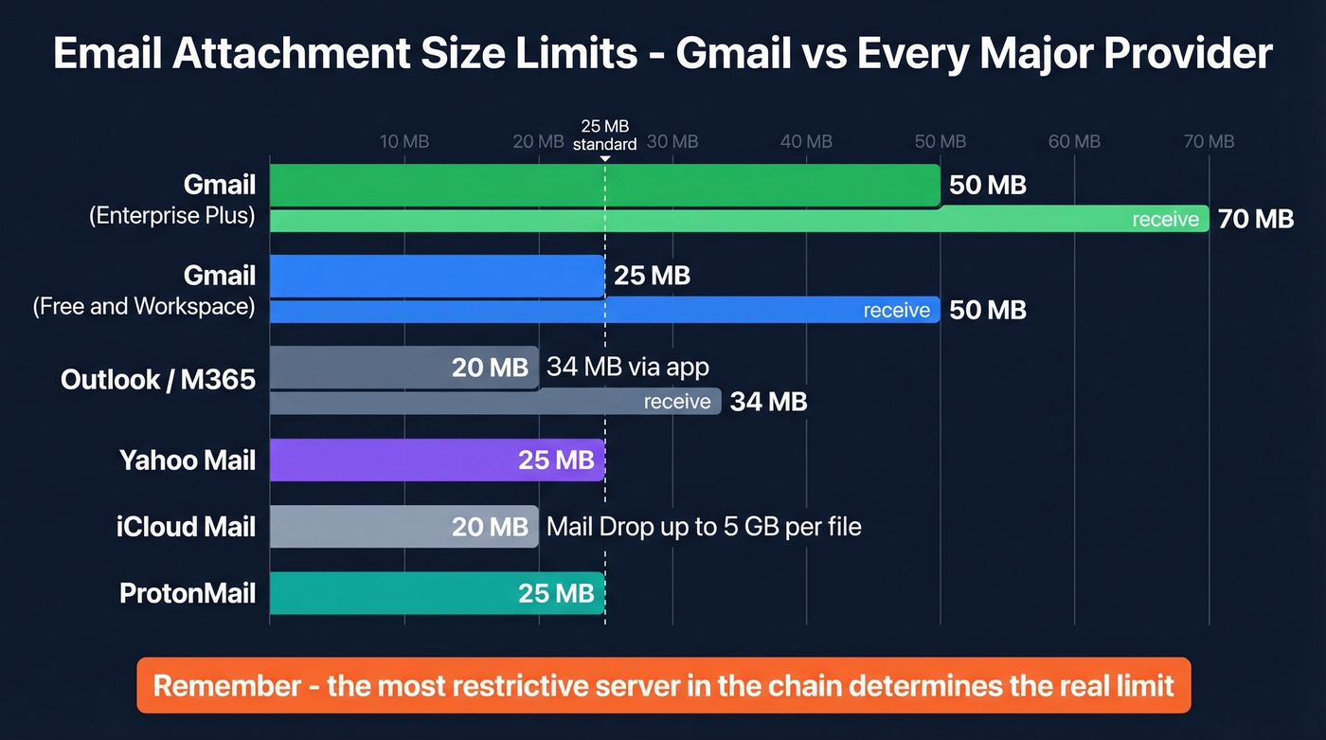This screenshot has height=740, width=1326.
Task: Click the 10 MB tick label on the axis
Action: click(404, 142)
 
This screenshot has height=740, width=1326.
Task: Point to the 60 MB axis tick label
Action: click(1074, 142)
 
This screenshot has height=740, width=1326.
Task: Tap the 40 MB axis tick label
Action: click(806, 142)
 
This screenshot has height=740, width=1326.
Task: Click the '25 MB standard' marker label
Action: click(604, 135)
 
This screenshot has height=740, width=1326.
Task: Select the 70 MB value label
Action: click(1255, 220)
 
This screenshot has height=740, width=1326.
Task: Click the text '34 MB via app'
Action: click(628, 367)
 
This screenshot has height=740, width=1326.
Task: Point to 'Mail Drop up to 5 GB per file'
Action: click(704, 527)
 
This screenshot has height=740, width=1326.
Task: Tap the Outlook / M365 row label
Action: click(158, 380)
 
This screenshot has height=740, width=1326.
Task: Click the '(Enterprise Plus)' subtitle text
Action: click(172, 216)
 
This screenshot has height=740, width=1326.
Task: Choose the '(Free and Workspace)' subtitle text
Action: click(144, 307)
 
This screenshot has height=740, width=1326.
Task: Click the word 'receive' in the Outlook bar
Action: click(677, 402)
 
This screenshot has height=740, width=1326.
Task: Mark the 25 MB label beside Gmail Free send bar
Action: click(652, 277)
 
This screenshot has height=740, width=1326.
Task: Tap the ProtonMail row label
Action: click(188, 593)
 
